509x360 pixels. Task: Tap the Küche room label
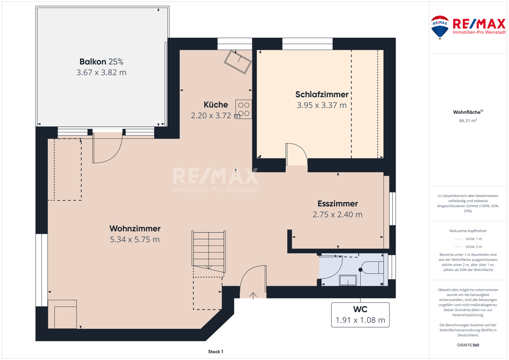(216, 104)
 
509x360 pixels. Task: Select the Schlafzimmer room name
(322, 94)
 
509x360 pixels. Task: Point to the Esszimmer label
(338, 203)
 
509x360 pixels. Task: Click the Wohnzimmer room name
(135, 229)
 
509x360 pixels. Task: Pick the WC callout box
(360, 315)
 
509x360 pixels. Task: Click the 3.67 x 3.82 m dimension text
(101, 72)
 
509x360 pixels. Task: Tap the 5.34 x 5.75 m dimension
(135, 239)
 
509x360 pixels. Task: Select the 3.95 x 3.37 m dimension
(322, 105)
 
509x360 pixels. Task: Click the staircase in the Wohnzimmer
(209, 252)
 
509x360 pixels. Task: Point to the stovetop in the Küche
(244, 109)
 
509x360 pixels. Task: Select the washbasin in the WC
(348, 280)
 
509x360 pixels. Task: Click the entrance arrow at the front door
(253, 295)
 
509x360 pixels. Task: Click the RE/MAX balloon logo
(440, 27)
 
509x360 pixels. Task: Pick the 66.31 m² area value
(468, 121)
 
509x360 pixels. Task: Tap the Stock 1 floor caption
(216, 351)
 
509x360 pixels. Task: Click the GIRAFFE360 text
(468, 345)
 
